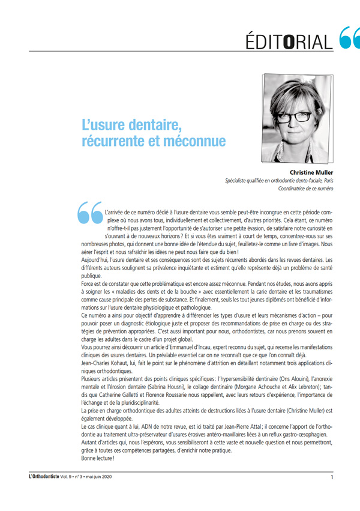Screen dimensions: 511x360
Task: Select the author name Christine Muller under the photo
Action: coord(307,172)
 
